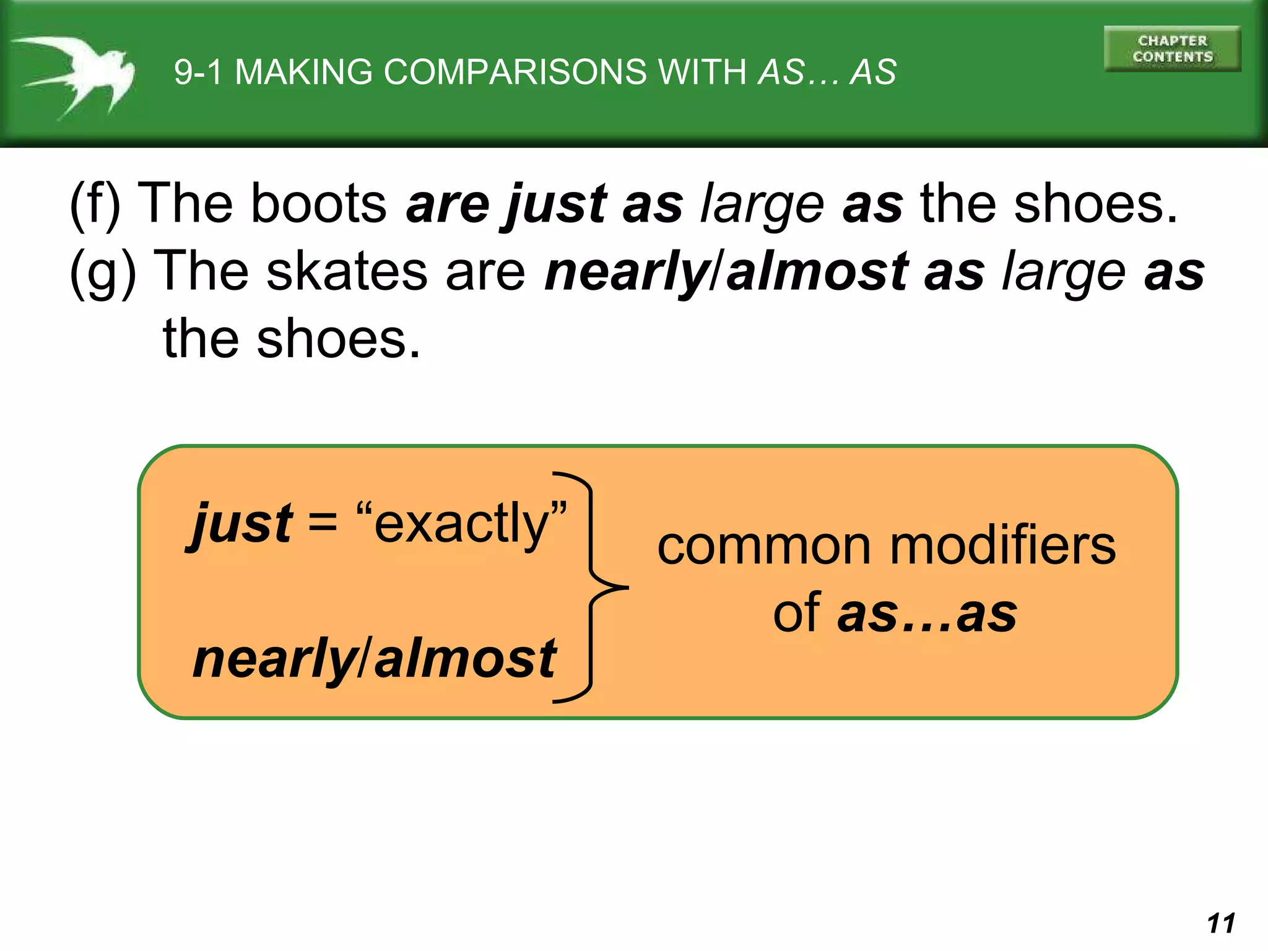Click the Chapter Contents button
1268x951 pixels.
point(1172,49)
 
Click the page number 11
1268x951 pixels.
point(1221,923)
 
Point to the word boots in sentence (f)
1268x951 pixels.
point(319,204)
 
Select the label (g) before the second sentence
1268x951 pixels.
point(103,273)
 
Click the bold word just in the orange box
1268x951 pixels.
point(241,524)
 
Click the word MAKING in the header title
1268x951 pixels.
point(303,72)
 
